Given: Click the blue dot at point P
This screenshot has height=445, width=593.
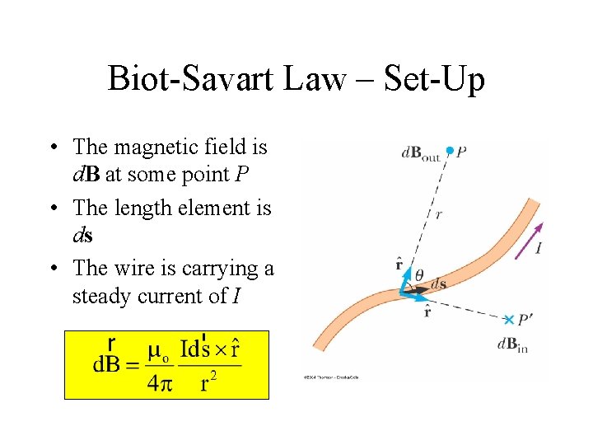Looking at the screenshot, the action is [449, 151].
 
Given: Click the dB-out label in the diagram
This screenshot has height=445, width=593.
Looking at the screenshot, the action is [420, 153].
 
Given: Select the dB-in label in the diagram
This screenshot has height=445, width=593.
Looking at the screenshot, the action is [511, 345].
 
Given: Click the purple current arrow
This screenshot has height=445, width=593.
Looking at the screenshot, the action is [529, 241].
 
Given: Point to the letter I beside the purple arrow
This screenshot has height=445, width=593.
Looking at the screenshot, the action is [538, 247].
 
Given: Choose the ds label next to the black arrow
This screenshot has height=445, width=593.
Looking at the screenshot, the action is [439, 284].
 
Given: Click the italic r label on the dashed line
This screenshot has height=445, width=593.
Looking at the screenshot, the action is [438, 213].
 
